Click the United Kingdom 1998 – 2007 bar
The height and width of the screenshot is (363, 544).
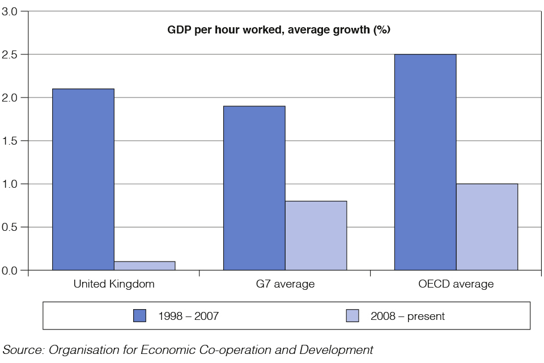tap(83, 179)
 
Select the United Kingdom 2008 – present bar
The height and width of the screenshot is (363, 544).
tap(144, 265)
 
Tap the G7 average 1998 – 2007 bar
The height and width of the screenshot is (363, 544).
tap(254, 188)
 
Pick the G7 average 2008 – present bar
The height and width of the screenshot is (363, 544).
tap(316, 235)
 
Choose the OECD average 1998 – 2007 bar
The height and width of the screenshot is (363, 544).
tap(425, 162)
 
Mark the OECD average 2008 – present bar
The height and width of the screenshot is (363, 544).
tap(487, 227)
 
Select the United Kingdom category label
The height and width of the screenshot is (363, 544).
tap(114, 284)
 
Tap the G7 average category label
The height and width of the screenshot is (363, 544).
tap(284, 284)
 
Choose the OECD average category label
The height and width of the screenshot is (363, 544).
tap(456, 284)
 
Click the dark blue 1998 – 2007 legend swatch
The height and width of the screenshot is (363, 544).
tap(139, 316)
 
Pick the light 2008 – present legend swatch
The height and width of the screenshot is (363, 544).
tap(352, 316)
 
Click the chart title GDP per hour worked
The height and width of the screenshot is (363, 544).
tap(279, 30)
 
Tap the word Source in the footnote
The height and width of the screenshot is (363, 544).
tap(23, 349)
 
